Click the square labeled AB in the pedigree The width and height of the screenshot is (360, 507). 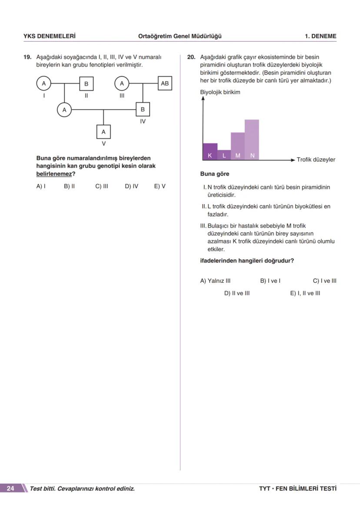pyautogui.click(x=165, y=83)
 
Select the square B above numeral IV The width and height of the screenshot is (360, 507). pyautogui.click(x=143, y=109)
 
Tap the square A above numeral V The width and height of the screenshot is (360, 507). pyautogui.click(x=103, y=131)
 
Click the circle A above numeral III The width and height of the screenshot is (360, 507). pyautogui.click(x=122, y=83)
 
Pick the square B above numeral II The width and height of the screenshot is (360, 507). pyautogui.click(x=86, y=83)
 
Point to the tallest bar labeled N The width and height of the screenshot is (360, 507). pyautogui.click(x=252, y=139)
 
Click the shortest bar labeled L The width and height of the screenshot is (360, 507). pyautogui.click(x=224, y=155)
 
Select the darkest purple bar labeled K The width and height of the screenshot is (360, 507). pyautogui.click(x=210, y=151)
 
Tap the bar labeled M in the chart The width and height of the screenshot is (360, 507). pyautogui.click(x=238, y=146)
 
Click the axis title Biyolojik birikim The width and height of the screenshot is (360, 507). pyautogui.click(x=220, y=92)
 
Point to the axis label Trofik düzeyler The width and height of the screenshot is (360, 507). pyautogui.click(x=316, y=160)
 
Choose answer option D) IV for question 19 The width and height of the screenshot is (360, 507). pyautogui.click(x=131, y=186)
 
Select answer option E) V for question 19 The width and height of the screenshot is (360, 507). pyautogui.click(x=160, y=186)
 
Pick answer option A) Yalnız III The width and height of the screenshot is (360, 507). pyautogui.click(x=215, y=281)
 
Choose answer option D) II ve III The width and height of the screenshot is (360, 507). pyautogui.click(x=237, y=293)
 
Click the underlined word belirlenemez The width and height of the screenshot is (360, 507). pyautogui.click(x=53, y=174)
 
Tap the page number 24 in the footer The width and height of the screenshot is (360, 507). pyautogui.click(x=10, y=489)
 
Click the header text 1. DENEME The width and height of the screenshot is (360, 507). pyautogui.click(x=320, y=36)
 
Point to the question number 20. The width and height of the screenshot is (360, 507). pyautogui.click(x=191, y=57)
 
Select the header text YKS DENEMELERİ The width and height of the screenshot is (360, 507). pyautogui.click(x=49, y=36)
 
